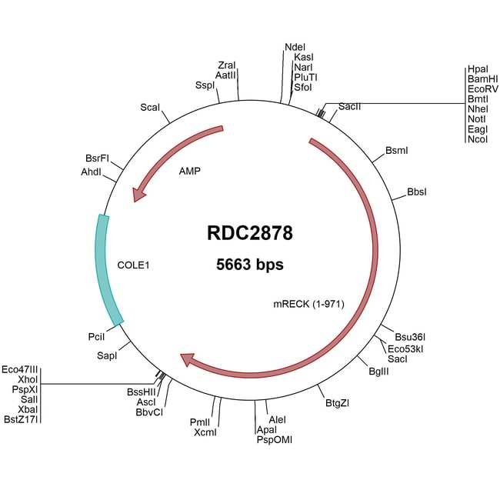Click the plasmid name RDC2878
[x=250, y=233]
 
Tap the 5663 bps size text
[x=250, y=265]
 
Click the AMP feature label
[x=189, y=171]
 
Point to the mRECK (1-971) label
[x=308, y=303]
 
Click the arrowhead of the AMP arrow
[x=138, y=195]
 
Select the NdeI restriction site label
[x=295, y=46]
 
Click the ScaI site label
[x=150, y=107]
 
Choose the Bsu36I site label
[x=410, y=337]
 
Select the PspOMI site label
[x=274, y=440]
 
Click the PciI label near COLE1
[x=97, y=336]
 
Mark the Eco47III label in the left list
[x=20, y=369]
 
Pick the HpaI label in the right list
[x=477, y=69]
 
